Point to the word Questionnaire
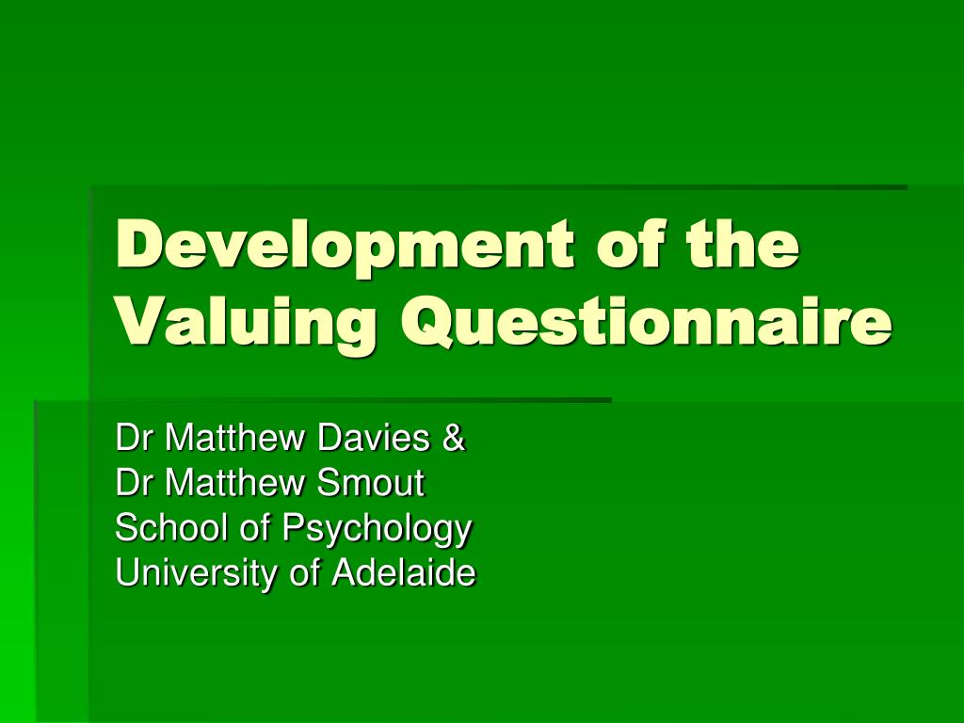coord(646,322)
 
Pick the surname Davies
coord(373,437)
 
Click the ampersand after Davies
coord(453,438)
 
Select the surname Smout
coord(371,483)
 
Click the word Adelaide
coord(404,573)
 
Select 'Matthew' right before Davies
coord(235,437)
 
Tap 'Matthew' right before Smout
coord(235,483)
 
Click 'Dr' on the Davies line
coord(134,438)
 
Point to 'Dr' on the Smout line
coord(134,483)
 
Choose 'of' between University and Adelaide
coord(305,573)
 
